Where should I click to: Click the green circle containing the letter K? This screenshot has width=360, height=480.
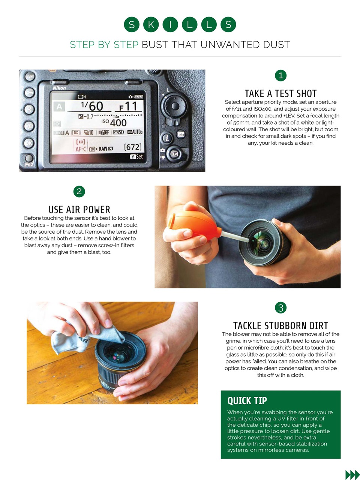(x=151, y=25)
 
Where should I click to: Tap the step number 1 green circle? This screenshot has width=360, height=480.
(x=280, y=75)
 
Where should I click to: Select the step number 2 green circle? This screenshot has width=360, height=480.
(x=79, y=192)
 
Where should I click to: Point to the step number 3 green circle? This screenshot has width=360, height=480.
(x=280, y=308)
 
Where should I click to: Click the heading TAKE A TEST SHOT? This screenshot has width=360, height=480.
(x=280, y=93)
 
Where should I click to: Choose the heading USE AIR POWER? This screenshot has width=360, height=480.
(x=79, y=210)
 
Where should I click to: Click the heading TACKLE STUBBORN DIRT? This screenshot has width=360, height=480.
(x=280, y=325)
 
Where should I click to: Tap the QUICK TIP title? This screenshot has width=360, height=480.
(x=247, y=401)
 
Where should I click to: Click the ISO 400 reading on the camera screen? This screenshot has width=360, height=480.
(x=115, y=123)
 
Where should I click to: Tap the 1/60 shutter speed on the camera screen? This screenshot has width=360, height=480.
(x=92, y=106)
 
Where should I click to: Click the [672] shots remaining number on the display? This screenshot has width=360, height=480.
(x=133, y=147)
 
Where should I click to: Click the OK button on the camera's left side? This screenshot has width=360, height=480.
(x=29, y=143)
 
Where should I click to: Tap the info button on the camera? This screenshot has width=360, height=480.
(x=181, y=134)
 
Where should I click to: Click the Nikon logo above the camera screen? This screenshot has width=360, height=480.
(x=59, y=88)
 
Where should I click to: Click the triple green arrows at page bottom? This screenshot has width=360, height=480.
(x=352, y=475)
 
